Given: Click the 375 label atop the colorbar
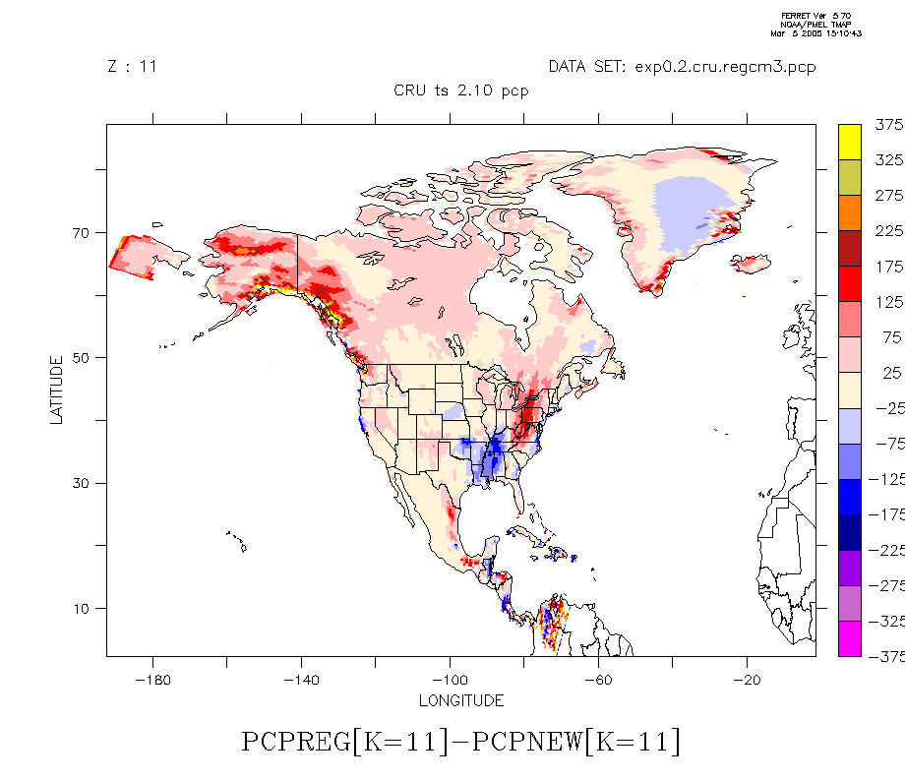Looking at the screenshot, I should click(888, 125).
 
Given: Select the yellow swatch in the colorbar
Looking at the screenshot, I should click(850, 142).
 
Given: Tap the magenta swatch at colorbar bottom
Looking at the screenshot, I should click(850, 638).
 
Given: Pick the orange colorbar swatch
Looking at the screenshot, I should click(850, 213).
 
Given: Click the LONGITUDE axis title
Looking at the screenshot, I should click(461, 701).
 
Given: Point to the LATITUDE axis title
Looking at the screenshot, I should click(56, 390).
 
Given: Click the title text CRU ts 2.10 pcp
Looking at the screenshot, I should click(461, 90).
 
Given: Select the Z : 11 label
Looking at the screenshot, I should click(132, 67).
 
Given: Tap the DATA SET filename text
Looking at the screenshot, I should click(682, 67).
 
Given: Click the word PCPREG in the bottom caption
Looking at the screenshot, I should click(295, 742).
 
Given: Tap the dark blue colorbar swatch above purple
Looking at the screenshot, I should click(850, 532).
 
